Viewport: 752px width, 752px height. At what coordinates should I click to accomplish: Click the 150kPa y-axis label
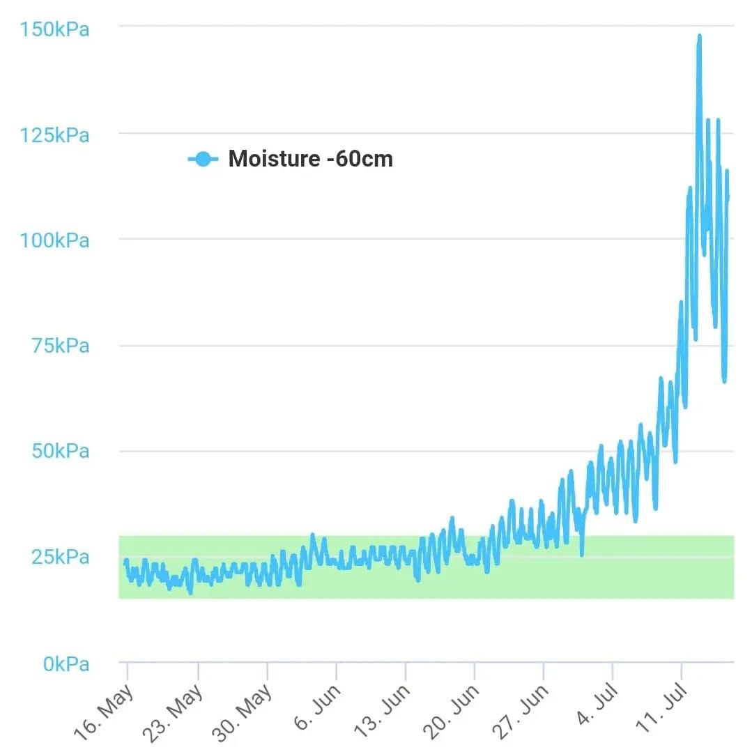click(x=54, y=30)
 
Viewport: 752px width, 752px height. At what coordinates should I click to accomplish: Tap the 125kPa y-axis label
click(x=54, y=135)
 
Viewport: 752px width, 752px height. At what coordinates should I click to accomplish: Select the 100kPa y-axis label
click(x=54, y=240)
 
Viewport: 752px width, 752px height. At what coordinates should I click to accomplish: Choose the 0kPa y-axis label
click(x=66, y=664)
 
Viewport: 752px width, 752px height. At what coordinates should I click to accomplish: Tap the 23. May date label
click(x=173, y=709)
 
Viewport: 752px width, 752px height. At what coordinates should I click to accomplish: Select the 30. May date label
click(x=243, y=709)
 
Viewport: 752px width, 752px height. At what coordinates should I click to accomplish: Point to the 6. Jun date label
click(x=317, y=705)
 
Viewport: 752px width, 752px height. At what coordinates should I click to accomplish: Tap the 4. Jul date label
click(x=594, y=705)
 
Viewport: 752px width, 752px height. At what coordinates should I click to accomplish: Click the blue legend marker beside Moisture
click(x=202, y=159)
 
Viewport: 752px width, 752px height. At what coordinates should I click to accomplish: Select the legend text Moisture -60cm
click(x=310, y=159)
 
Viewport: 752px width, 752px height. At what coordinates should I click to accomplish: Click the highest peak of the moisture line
click(x=699, y=36)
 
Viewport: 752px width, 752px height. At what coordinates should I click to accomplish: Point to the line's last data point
click(x=728, y=197)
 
